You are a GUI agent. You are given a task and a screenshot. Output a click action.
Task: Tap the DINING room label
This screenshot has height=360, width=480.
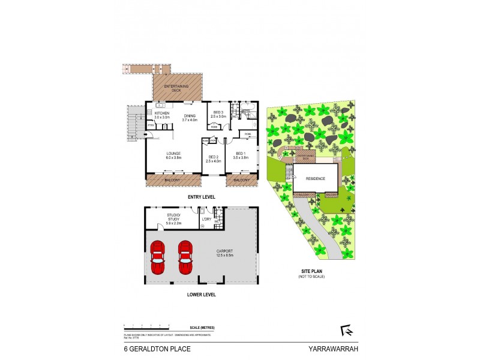coord(190,116)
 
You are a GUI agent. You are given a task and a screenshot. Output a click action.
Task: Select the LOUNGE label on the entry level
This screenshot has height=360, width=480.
coord(173,154)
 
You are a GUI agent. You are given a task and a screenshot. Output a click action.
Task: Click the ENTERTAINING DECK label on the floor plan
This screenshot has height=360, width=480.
coord(178,88)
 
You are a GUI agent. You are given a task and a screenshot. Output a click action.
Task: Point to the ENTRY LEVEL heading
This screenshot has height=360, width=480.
coord(201,197)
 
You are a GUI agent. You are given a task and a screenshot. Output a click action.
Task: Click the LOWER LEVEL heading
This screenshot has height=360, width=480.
coord(201,295)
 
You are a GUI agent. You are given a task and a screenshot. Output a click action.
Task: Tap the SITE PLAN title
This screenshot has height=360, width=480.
coord(311,272)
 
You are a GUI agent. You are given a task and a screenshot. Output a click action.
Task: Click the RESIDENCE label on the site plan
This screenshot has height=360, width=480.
coord(315,178)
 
